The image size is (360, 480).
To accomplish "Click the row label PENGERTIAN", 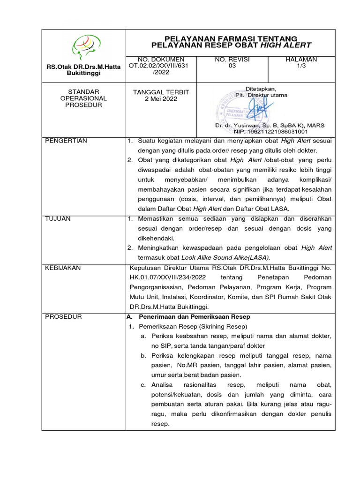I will [66, 141].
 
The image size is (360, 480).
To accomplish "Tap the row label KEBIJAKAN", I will [63, 268].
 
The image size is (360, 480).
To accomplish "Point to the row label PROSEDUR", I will [63, 317].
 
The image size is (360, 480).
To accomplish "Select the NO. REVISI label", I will [232, 60].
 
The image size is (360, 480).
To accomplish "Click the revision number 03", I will [232, 66].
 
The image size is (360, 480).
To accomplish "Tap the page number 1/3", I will [301, 66].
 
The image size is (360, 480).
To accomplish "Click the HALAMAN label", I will [301, 60].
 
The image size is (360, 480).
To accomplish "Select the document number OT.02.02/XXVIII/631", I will [161, 66].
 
